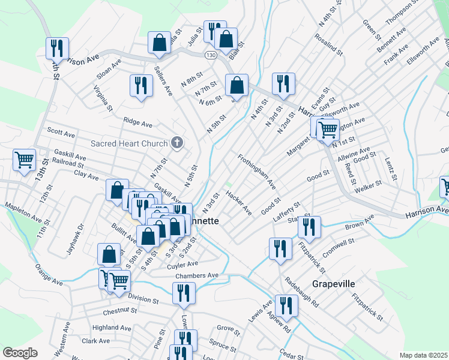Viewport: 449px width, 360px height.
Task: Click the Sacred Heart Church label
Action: pos(128,143)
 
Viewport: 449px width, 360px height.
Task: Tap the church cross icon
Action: pos(176,142)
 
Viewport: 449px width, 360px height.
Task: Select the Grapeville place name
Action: pos(334,283)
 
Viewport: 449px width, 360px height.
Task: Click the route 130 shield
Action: pos(209,55)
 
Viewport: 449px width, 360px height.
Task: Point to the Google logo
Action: pos(20,353)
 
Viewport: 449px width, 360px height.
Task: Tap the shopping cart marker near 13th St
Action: pos(24,160)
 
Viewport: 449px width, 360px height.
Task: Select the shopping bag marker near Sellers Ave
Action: pos(160,43)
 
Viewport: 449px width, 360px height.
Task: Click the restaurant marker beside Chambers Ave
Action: pos(183,293)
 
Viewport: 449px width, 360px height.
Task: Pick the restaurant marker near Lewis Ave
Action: pos(286,305)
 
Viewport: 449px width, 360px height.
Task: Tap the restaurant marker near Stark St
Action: pos(309,227)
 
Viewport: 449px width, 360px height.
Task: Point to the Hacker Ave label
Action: pos(238,202)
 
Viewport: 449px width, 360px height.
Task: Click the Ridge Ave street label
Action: pos(138,122)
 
